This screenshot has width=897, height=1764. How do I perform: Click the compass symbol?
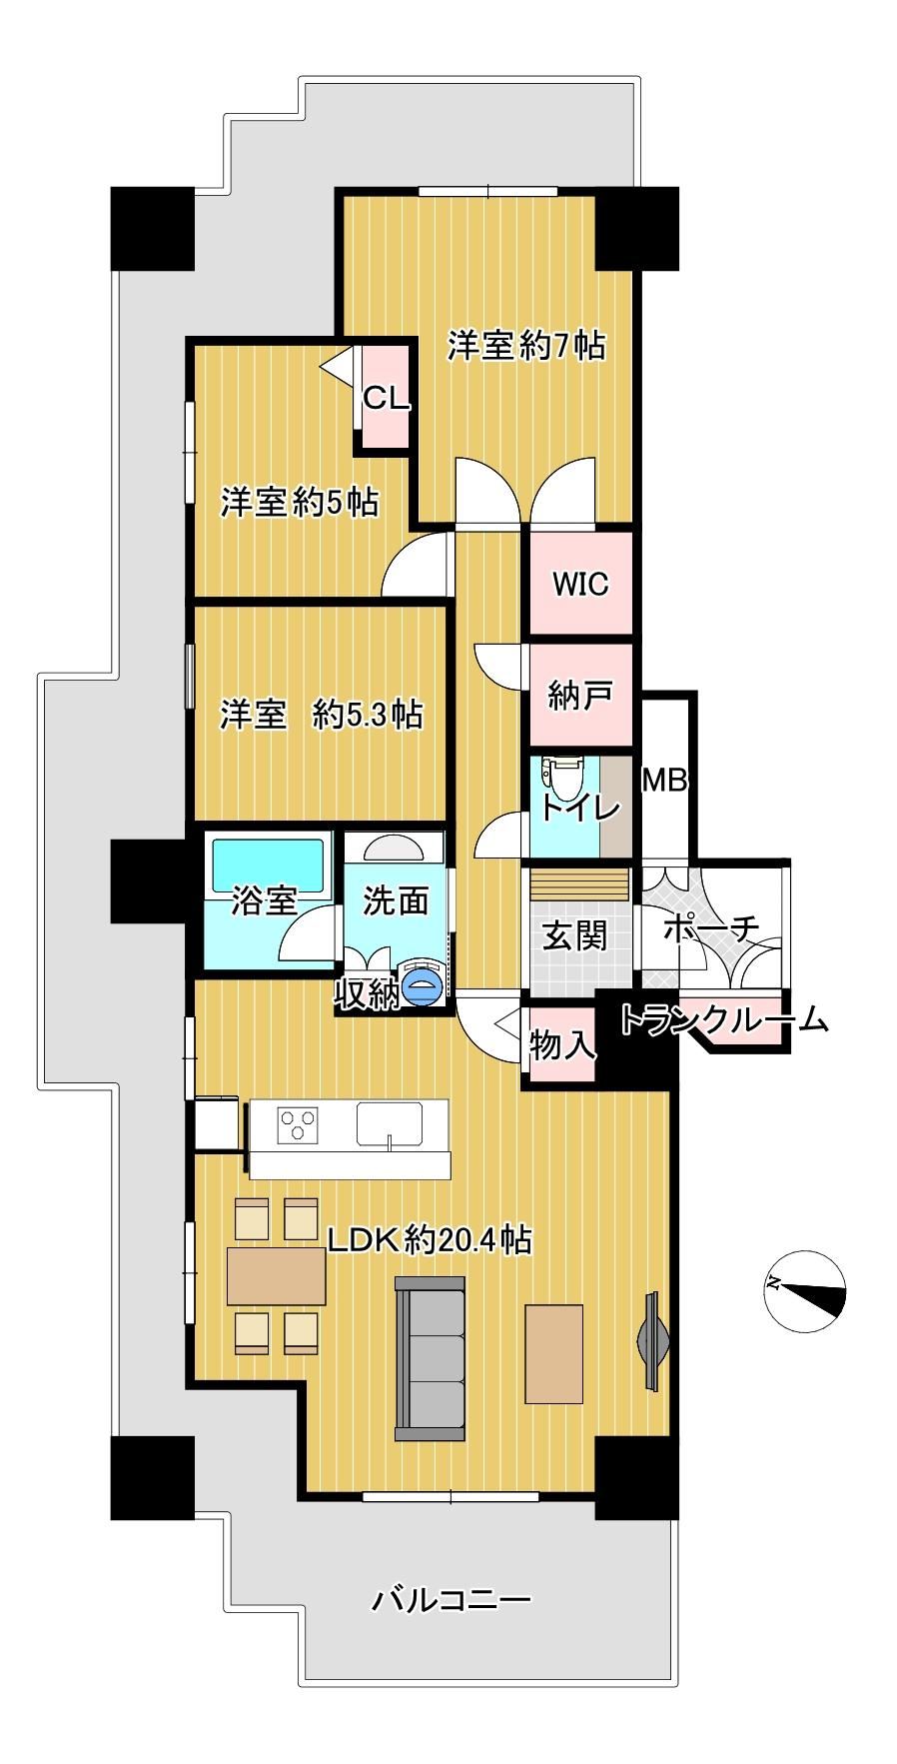coord(805,1289)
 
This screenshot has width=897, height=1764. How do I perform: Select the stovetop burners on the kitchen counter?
coord(299,1124)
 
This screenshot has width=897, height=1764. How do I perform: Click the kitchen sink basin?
coord(390,1124)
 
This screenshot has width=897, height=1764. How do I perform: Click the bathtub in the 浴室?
coord(268,865)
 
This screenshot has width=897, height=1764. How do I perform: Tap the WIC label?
coord(581,583)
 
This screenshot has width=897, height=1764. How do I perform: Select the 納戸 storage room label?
coord(580,695)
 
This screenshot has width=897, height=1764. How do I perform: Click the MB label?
coord(664,780)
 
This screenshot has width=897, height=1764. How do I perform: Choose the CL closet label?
coord(386,398)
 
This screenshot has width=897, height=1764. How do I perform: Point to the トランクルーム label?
coord(724,1019)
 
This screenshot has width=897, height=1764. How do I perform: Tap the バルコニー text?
coord(451,1600)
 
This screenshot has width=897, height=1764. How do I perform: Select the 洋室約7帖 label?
coord(526,345)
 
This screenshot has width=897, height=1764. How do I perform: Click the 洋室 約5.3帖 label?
coord(321,715)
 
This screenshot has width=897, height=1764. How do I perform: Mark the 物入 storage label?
coord(561,1045)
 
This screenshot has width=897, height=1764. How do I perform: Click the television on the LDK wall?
coord(653,1340)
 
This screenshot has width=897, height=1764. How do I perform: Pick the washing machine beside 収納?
coord(424,984)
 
